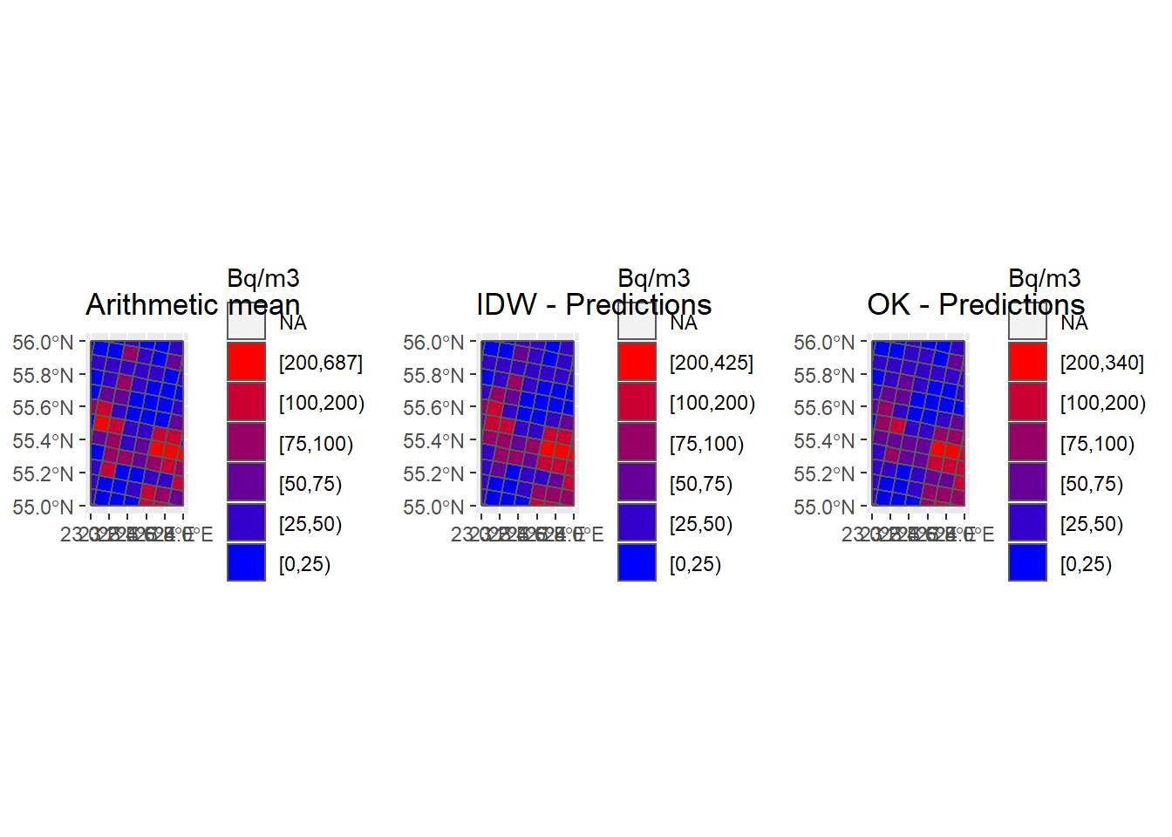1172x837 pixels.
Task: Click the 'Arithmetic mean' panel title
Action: tap(193, 304)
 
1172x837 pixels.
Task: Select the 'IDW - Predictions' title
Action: tap(593, 304)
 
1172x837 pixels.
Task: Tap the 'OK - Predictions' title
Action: tap(975, 304)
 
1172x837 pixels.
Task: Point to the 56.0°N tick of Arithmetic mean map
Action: tap(44, 342)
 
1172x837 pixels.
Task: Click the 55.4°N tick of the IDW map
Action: tap(434, 440)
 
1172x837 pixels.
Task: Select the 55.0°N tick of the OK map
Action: tap(825, 507)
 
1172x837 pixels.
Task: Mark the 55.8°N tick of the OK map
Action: tap(825, 375)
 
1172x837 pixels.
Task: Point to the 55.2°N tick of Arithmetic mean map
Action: tap(44, 473)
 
